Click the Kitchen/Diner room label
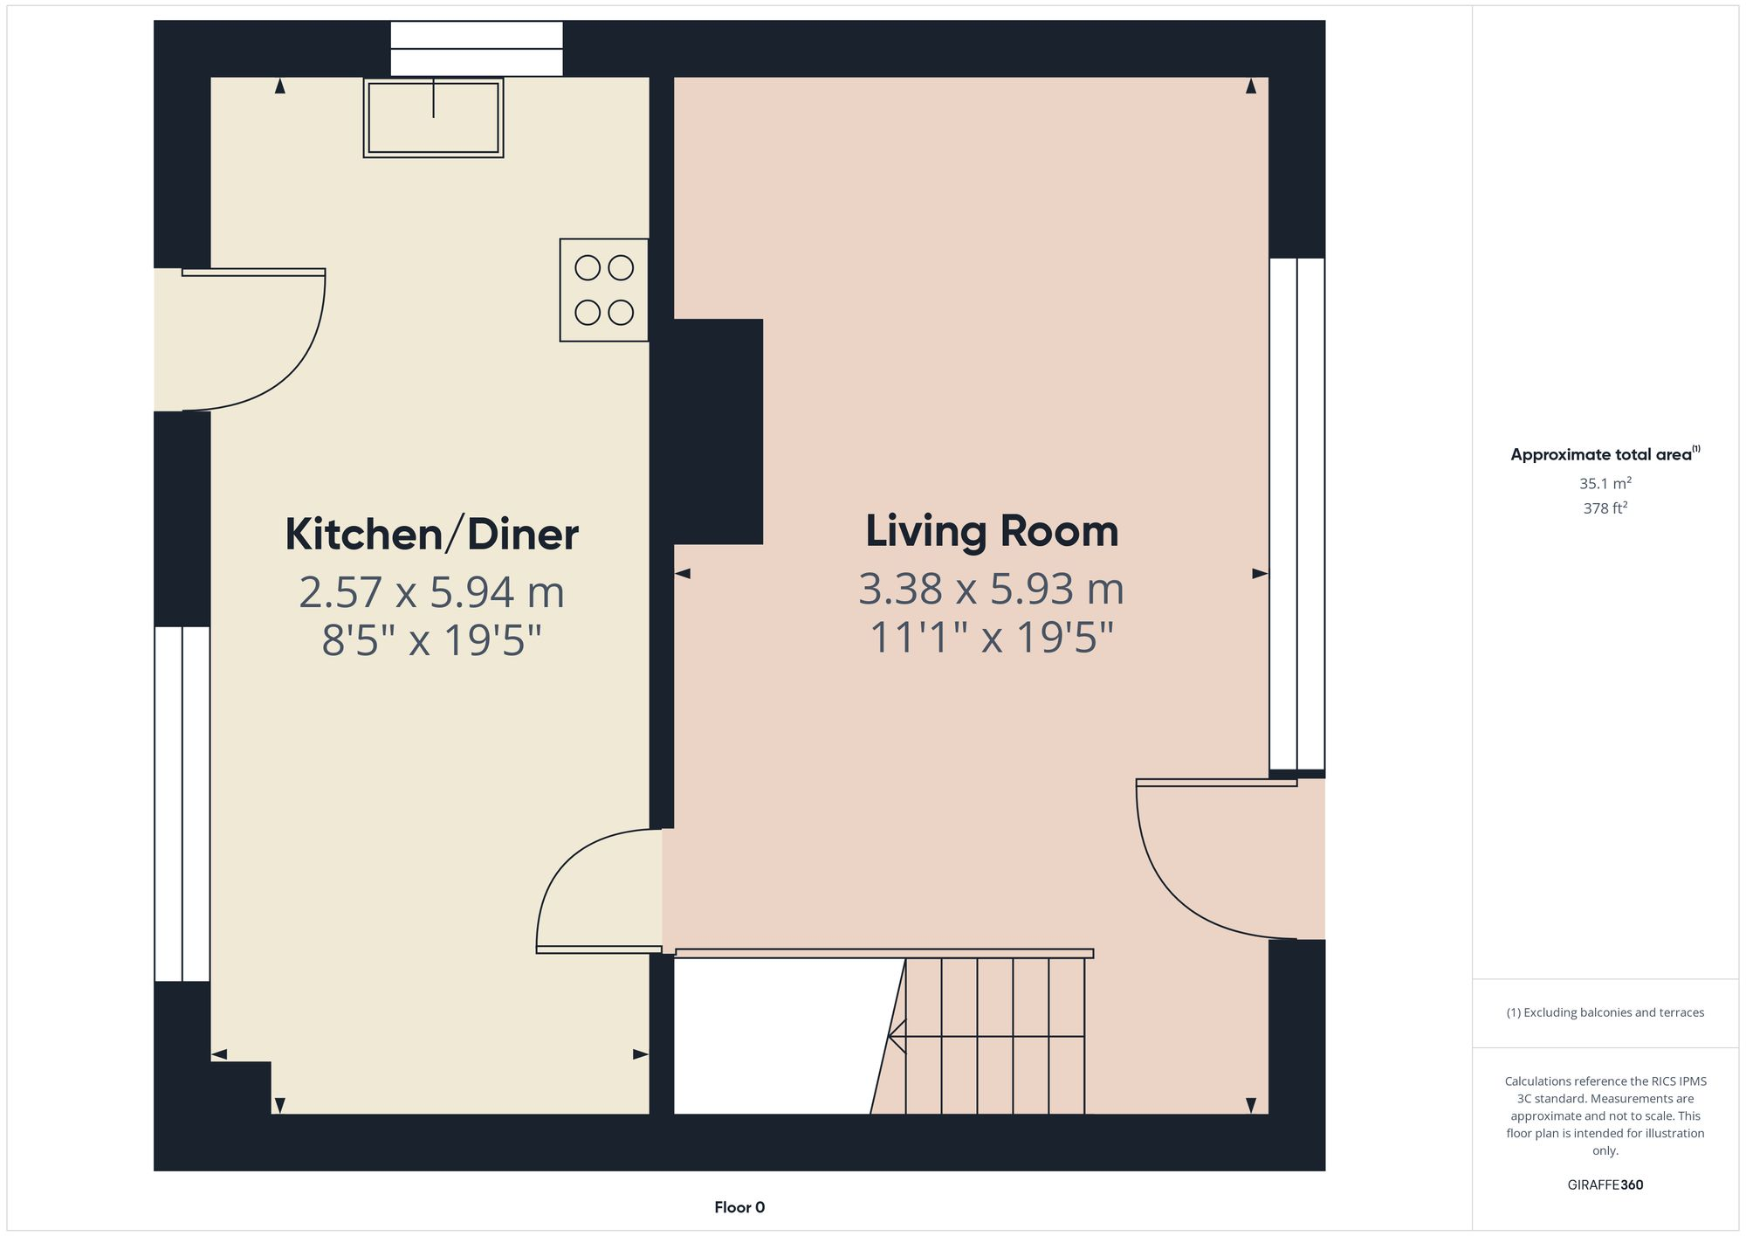coord(431,535)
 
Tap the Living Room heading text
coord(992,531)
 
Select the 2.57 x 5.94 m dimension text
coord(431,592)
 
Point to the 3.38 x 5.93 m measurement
coord(992,589)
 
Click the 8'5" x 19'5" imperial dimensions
coord(431,640)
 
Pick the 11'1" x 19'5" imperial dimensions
coord(992,638)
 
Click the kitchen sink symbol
coord(433,118)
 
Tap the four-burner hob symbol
coord(604,290)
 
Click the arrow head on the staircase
coord(894,1037)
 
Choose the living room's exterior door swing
coord(1222,860)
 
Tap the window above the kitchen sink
coord(477,49)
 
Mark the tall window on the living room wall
coord(1297,514)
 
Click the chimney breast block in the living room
coord(718,432)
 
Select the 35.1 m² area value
coord(1605,483)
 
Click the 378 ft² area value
coord(1605,508)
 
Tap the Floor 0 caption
coord(739,1207)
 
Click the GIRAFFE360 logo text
coord(1605,1185)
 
